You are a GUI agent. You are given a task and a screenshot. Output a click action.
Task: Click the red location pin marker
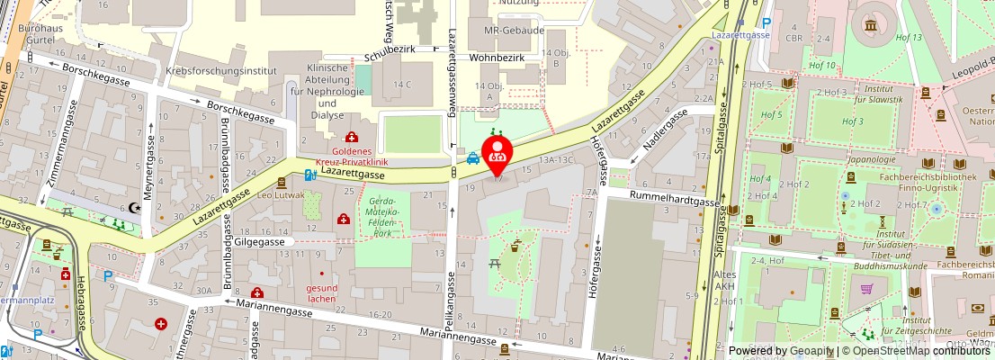(x=497, y=154)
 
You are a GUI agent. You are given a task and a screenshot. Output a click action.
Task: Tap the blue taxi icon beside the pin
(x=472, y=159)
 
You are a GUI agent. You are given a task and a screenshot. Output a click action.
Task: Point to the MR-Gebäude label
(x=514, y=31)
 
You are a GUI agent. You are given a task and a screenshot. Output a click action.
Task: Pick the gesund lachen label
(x=321, y=293)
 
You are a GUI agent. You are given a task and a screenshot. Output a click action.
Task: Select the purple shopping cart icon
(x=867, y=290)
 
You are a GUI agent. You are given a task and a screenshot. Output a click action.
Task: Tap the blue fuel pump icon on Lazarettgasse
(x=309, y=175)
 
